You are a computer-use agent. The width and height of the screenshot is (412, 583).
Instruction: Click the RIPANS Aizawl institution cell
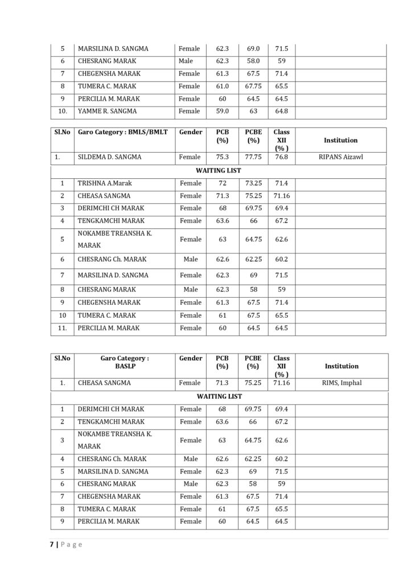[341, 157]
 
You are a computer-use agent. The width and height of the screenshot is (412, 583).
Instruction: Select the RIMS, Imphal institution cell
[341, 383]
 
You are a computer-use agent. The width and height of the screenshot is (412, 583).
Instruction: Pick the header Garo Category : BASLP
[124, 363]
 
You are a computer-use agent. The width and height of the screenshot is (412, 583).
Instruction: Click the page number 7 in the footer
[51, 544]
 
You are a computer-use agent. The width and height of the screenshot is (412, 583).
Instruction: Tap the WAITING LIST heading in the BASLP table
[219, 396]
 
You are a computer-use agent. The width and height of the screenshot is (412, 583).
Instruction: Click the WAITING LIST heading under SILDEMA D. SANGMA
[219, 170]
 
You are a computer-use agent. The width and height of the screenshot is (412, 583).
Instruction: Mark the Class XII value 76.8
[281, 157]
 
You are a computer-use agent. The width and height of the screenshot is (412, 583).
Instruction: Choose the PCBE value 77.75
[253, 157]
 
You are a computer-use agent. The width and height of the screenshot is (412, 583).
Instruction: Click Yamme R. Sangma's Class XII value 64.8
[281, 112]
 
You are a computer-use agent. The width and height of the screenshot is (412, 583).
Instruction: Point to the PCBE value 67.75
[253, 87]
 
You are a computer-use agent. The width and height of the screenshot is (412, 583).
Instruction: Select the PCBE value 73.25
[253, 183]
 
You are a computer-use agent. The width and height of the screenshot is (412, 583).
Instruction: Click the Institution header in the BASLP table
[341, 366]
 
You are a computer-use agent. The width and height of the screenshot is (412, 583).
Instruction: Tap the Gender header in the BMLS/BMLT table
[191, 132]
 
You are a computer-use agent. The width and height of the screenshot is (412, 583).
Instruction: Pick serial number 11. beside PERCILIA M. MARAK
[62, 328]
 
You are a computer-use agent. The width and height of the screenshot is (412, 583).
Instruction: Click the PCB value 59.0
[222, 112]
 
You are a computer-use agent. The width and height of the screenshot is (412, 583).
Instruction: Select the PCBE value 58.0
[253, 61]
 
